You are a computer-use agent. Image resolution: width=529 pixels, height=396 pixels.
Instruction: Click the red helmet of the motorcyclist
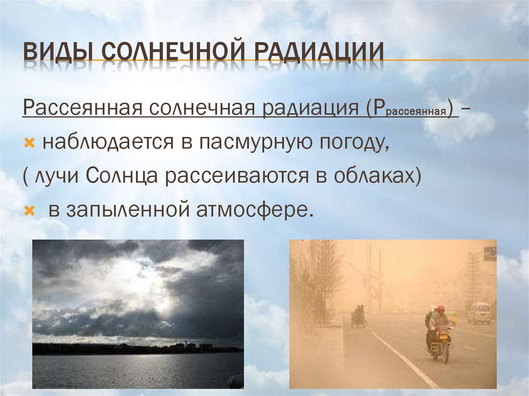[x=440, y=309]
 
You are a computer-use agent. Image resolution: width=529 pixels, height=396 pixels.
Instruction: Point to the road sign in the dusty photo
[x=490, y=253]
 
